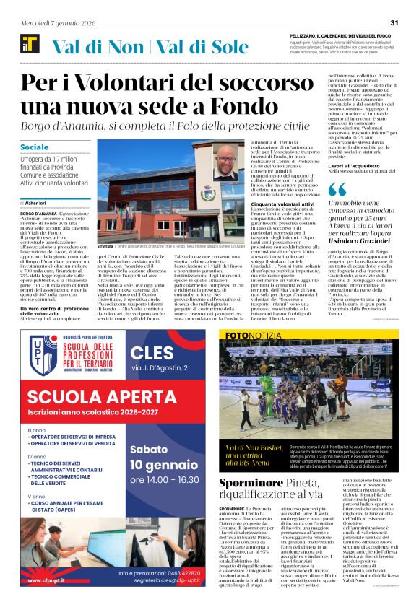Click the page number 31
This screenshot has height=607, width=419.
coord(394,22)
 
